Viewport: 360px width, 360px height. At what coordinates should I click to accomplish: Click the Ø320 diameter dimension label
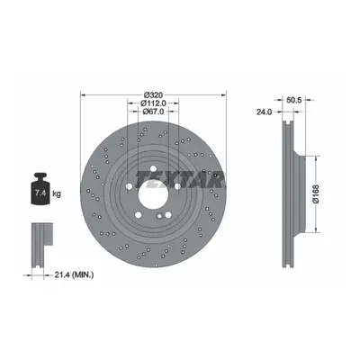[153, 95]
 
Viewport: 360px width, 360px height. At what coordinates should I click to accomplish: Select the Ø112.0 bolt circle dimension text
[153, 103]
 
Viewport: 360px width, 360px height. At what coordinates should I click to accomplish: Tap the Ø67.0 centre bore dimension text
[153, 112]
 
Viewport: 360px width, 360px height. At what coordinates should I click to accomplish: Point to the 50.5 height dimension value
[293, 101]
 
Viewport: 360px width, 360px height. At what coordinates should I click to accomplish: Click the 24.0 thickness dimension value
[264, 112]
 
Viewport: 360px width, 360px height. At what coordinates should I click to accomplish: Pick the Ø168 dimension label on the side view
[315, 194]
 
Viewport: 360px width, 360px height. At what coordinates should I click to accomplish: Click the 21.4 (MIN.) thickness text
[74, 274]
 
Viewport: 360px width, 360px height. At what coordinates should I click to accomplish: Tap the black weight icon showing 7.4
[40, 189]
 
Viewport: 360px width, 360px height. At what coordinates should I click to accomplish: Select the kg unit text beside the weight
[57, 193]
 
